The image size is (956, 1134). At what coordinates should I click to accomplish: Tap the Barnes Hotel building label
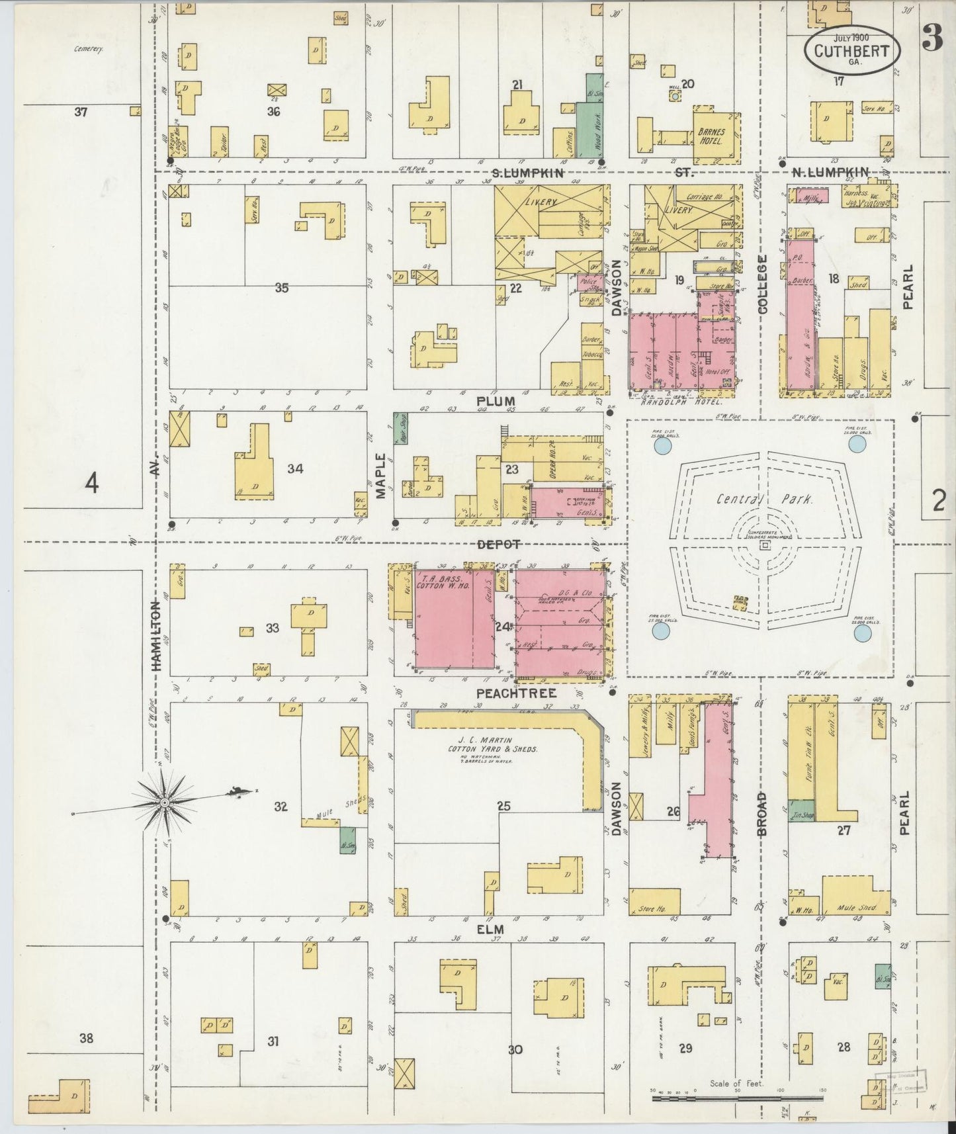tap(711, 136)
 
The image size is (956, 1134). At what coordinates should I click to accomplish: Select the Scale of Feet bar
tap(738, 1098)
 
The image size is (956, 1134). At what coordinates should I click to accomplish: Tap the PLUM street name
tap(500, 401)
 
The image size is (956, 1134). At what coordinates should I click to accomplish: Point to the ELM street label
tap(491, 929)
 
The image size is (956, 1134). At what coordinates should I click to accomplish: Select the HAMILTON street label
tap(157, 636)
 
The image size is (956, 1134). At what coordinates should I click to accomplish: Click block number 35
tap(282, 287)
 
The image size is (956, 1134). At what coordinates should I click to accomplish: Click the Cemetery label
tap(91, 48)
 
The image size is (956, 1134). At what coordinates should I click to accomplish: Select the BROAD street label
tap(761, 814)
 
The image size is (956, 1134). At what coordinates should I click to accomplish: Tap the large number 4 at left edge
tap(91, 485)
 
